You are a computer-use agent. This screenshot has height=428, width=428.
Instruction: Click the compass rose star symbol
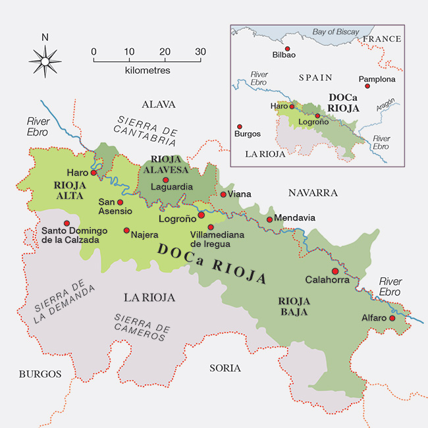tap(45, 62)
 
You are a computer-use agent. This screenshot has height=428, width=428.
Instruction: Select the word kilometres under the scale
tap(147, 70)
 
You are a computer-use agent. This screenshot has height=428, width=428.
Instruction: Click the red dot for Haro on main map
tap(94, 173)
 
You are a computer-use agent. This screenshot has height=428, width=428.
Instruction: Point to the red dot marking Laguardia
tap(166, 180)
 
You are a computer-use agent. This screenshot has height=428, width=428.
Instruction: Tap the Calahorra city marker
tap(335, 271)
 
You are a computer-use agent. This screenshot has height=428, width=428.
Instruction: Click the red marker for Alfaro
tap(392, 318)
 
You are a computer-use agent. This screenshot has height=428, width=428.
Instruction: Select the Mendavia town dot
tap(269, 220)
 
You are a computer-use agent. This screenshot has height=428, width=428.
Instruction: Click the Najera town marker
tap(126, 230)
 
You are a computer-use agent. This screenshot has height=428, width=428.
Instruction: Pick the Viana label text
tap(240, 194)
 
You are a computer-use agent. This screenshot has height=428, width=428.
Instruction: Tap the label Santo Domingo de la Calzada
tap(70, 236)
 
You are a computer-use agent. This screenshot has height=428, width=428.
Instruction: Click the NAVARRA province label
tap(313, 193)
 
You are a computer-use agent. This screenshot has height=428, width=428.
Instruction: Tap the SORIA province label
tap(225, 368)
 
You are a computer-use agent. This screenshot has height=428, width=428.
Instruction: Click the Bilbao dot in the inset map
tap(288, 49)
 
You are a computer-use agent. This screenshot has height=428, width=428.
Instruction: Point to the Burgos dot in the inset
tap(240, 126)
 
